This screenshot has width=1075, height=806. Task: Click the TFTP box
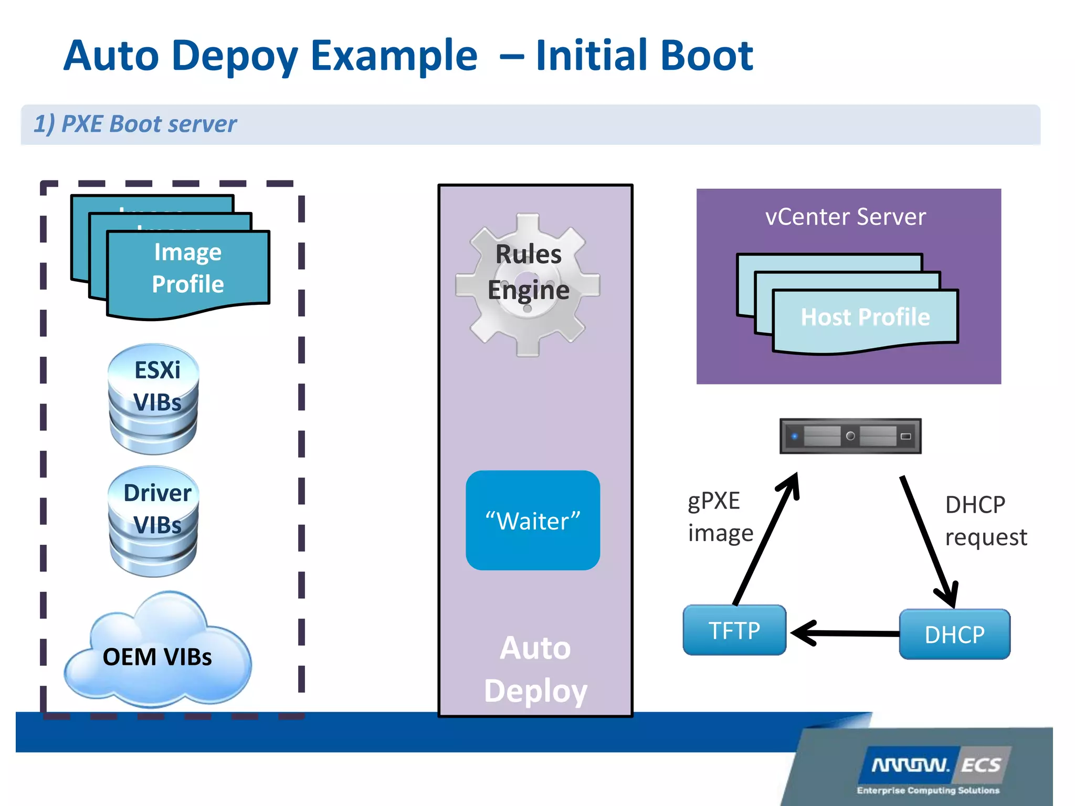tap(734, 630)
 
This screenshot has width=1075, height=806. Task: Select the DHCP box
tap(954, 634)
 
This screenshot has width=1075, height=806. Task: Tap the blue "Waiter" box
tap(532, 521)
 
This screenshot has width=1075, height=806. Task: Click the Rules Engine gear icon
tap(528, 284)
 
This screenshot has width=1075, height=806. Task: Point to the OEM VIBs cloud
tap(157, 656)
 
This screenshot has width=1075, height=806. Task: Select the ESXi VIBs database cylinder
tap(153, 399)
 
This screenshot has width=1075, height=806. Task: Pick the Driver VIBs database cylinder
tap(153, 522)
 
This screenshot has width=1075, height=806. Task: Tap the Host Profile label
tap(865, 317)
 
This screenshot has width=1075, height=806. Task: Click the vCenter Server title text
tap(845, 217)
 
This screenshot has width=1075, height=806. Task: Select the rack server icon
tap(850, 436)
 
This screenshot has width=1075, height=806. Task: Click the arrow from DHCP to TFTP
tap(845, 633)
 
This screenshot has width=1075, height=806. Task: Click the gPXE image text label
tap(720, 517)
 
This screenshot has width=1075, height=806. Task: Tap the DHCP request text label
tap(985, 521)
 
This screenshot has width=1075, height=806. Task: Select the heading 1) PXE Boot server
tap(135, 124)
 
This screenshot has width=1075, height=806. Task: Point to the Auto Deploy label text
tap(535, 669)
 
